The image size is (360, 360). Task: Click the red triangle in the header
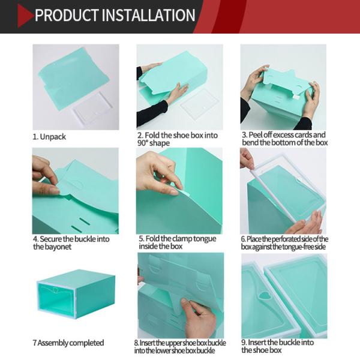[25, 16]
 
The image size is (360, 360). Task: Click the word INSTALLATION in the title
[148, 15]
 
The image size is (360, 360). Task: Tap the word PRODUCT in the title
[67, 15]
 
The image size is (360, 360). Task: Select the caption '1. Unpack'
[49, 137]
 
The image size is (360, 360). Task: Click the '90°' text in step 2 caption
[143, 143]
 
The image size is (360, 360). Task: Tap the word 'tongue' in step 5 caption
[205, 239]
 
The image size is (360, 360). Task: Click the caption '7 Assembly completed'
[68, 343]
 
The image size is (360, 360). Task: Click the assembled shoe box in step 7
[76, 294]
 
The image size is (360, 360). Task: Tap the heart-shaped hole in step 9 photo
[265, 296]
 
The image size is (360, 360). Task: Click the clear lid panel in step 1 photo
[92, 108]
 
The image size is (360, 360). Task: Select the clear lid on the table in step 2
[199, 106]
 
